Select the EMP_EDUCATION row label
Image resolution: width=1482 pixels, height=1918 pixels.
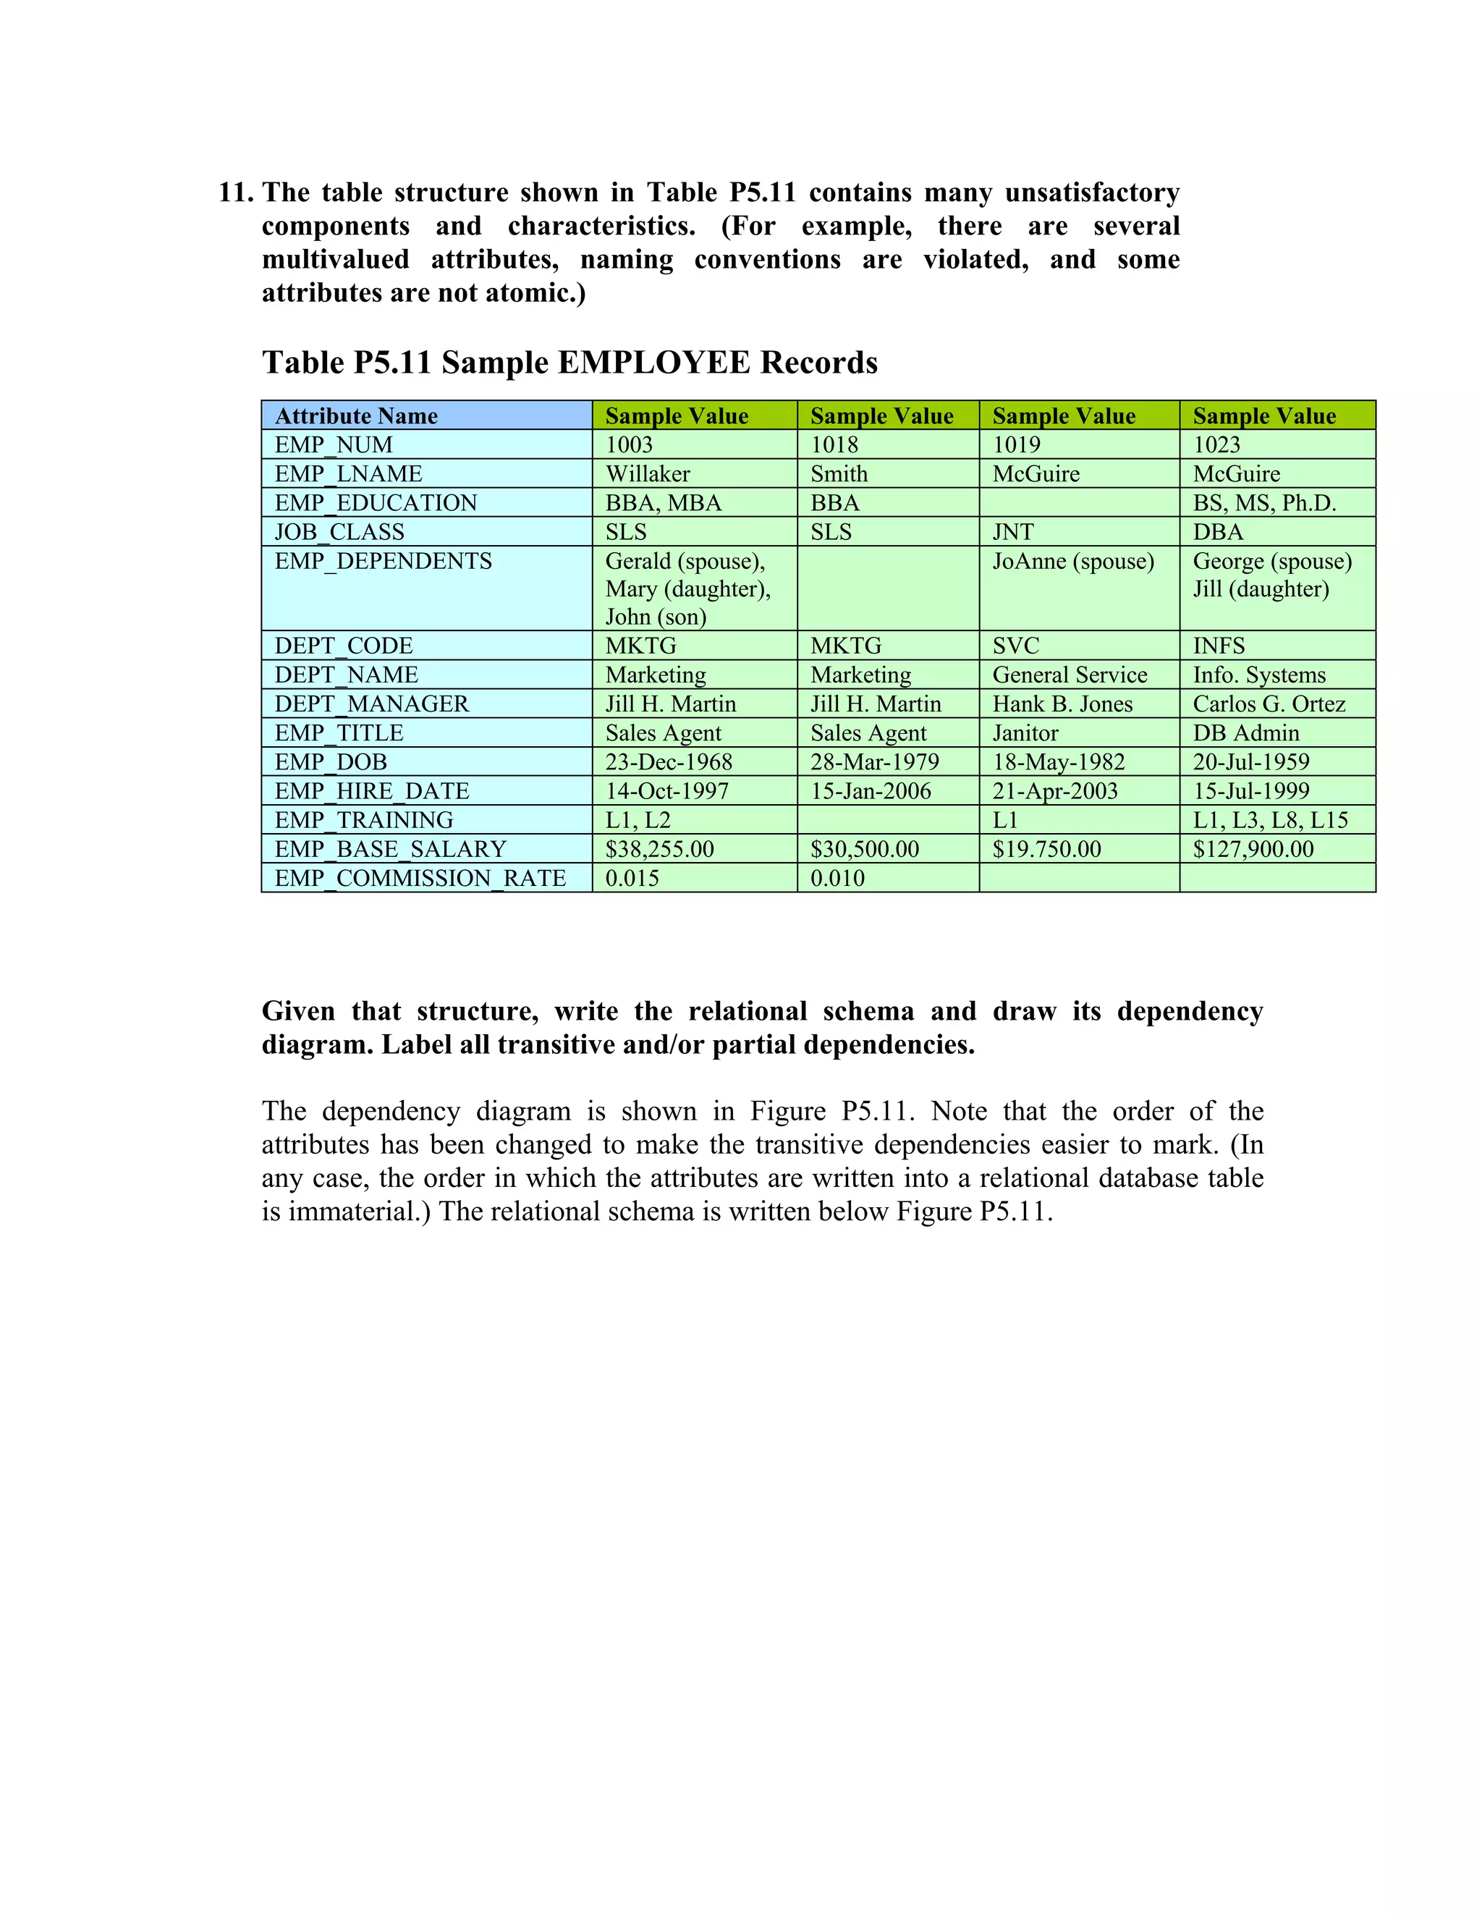coord(376,502)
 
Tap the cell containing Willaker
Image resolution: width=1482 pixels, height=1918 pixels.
coord(648,473)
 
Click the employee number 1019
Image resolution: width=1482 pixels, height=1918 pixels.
coord(1016,444)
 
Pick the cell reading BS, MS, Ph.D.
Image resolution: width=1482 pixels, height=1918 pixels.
coord(1264,502)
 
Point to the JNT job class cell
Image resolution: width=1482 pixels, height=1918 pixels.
coord(1013,531)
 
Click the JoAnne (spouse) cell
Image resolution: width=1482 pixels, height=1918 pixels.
coord(1073,561)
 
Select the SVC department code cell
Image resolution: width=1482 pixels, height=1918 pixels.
coord(1016,646)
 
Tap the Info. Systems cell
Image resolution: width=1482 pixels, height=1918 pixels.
coord(1259,675)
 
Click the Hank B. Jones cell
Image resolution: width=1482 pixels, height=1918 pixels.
coord(1062,704)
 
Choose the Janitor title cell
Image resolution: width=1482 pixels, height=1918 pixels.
coord(1025,732)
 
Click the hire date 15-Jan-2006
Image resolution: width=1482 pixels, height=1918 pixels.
coord(870,790)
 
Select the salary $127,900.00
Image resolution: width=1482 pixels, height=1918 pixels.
coord(1253,848)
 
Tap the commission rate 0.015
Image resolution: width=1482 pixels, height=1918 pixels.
coord(632,877)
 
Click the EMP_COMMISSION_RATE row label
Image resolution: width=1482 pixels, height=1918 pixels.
coord(420,877)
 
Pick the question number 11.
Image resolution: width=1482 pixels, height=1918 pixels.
coord(235,193)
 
